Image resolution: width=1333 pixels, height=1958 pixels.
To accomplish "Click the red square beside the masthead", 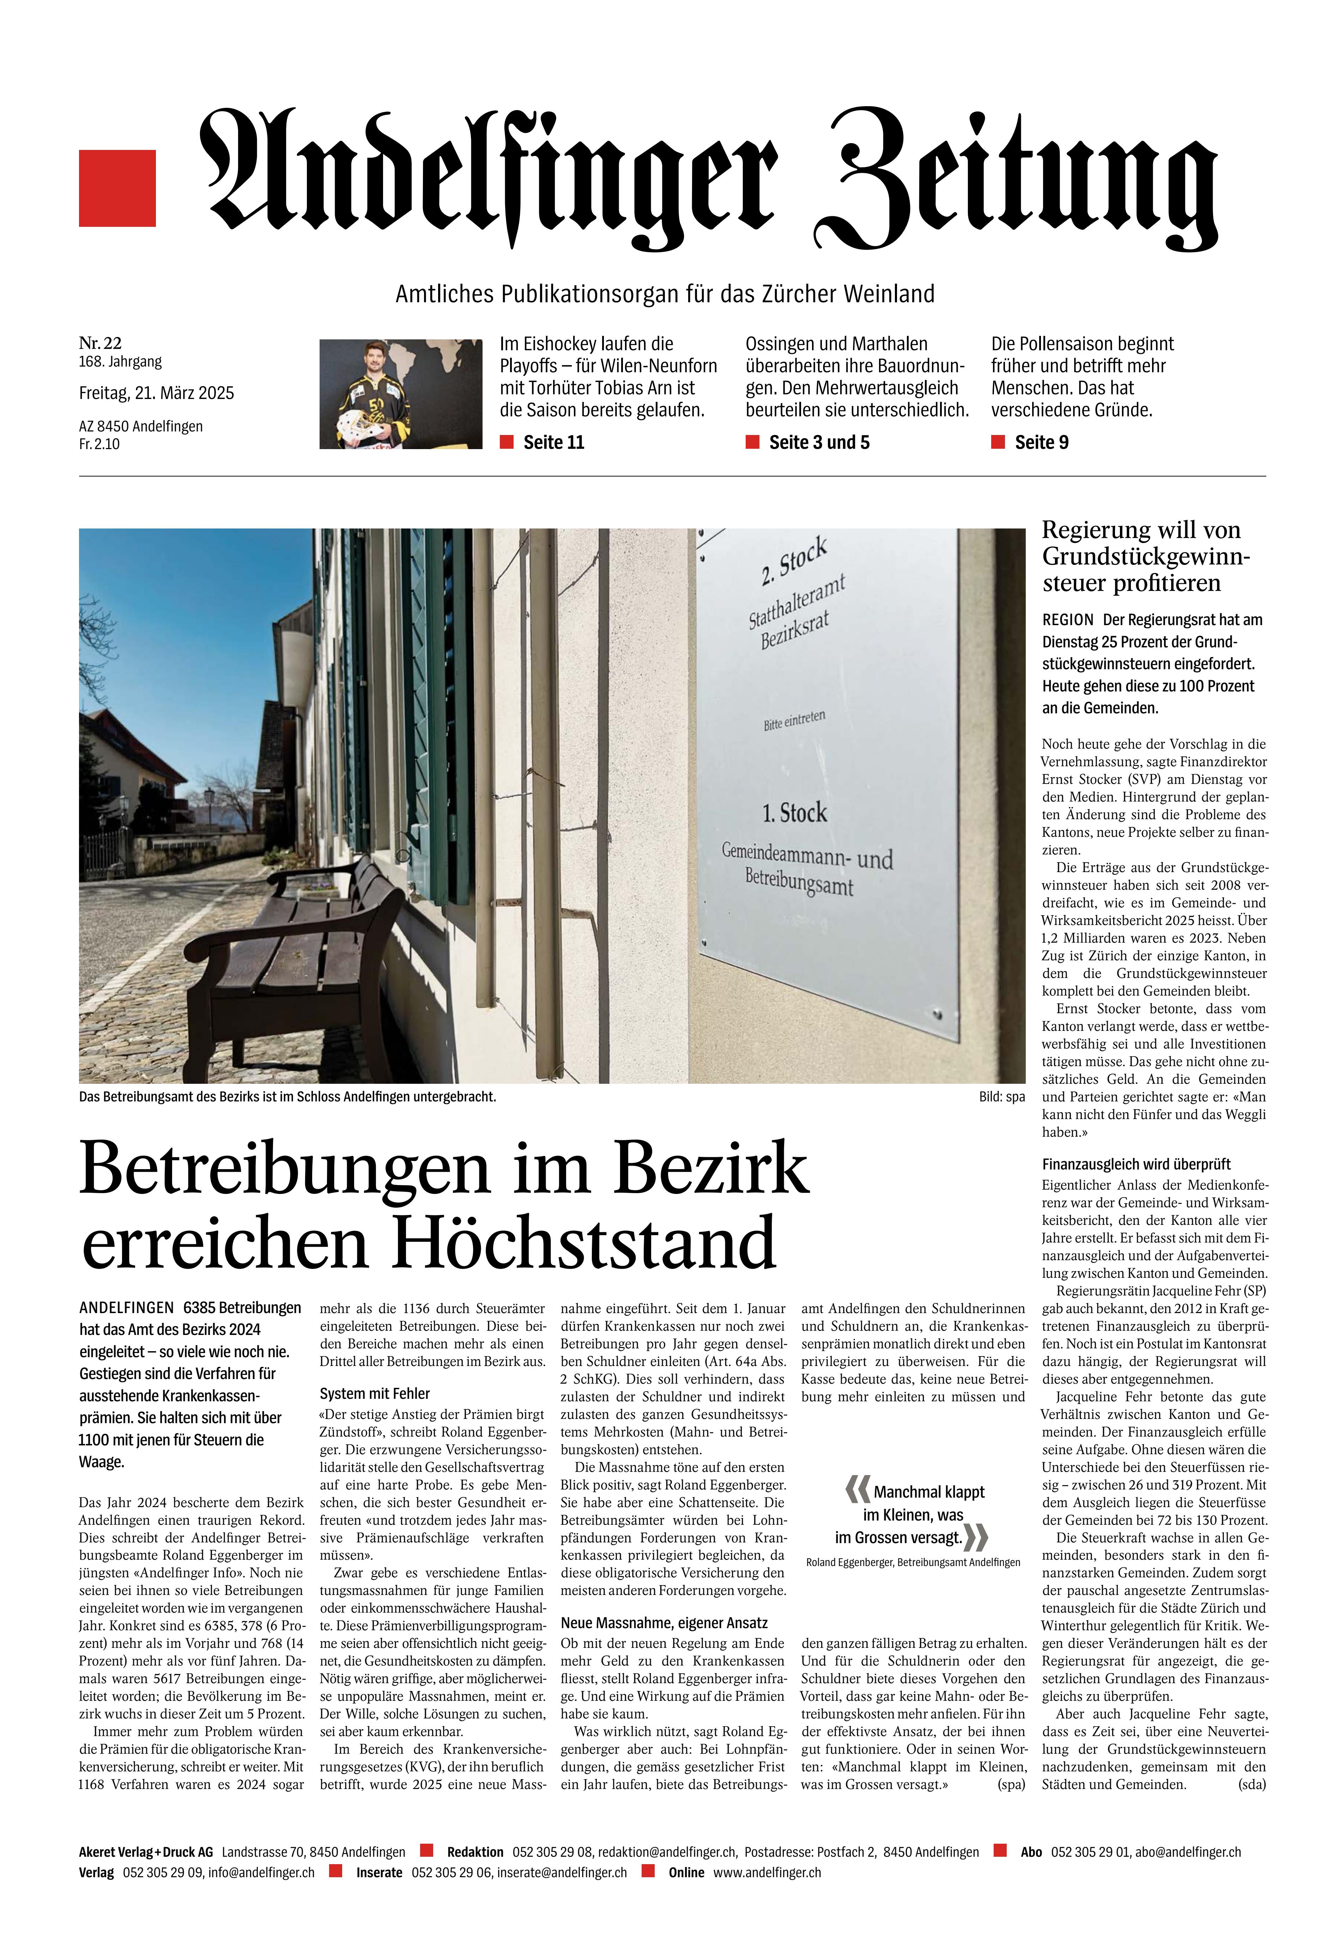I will [x=117, y=188].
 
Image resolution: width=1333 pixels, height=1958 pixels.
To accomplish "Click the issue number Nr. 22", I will [x=100, y=343].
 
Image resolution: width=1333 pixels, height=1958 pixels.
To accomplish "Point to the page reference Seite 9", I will [x=1041, y=442].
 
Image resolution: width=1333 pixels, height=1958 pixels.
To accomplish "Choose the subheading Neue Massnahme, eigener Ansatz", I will [x=664, y=1623].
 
